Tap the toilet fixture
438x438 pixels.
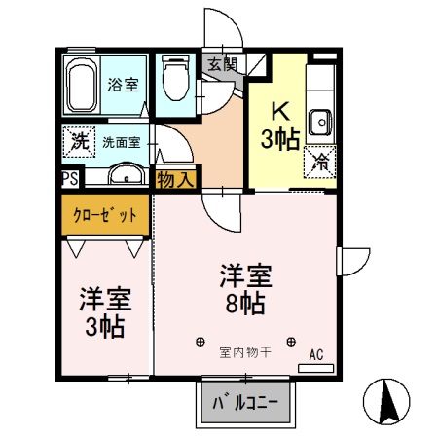coord(175,77)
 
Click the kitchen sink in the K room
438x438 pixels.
coord(319,122)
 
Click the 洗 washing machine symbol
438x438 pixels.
coord(78,140)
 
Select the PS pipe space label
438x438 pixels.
coord(69,178)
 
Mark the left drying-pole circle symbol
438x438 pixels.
coord(200,342)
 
